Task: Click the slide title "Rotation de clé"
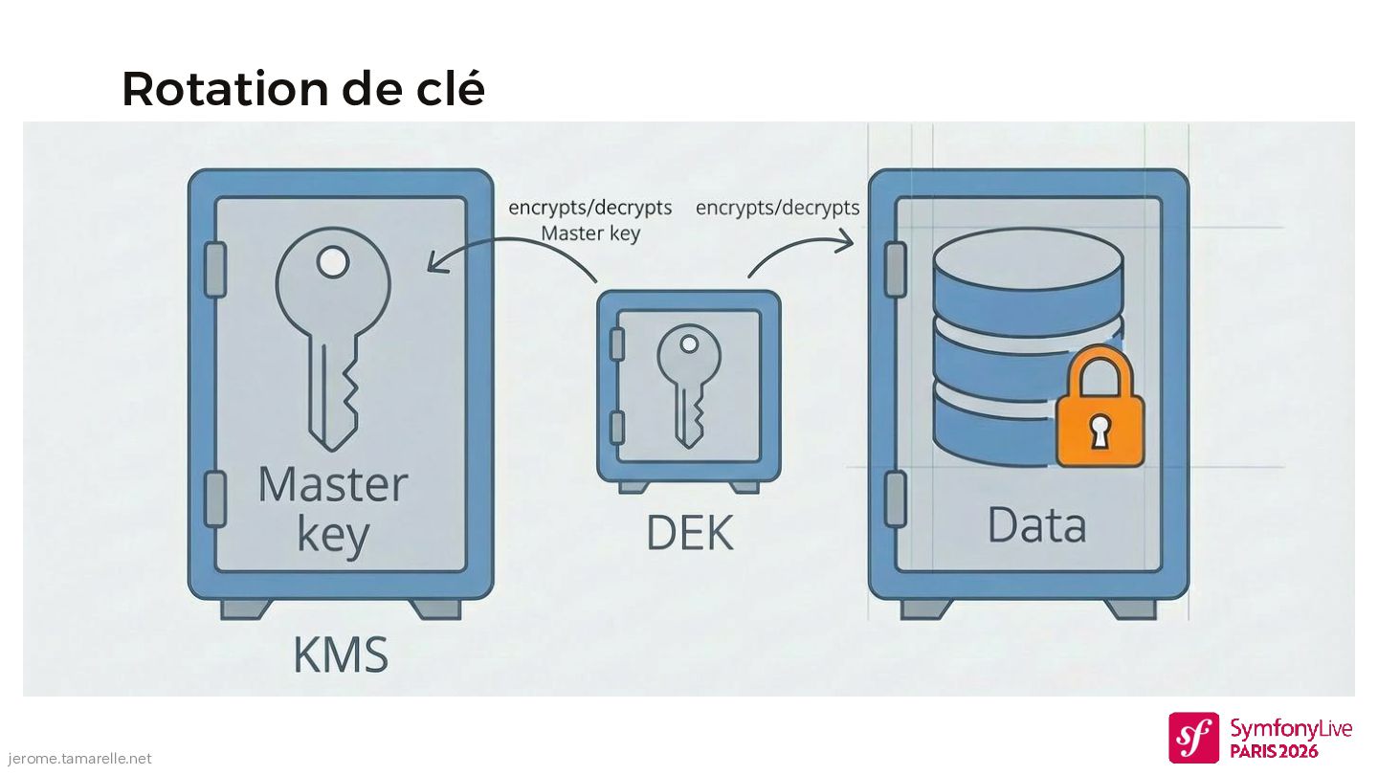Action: tap(302, 89)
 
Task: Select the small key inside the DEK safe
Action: tap(688, 383)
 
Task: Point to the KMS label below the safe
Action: tap(341, 655)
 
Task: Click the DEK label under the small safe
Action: tap(689, 533)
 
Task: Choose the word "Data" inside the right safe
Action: tap(1036, 525)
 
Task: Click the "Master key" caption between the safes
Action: tap(590, 232)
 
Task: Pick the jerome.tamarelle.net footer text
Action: tap(76, 759)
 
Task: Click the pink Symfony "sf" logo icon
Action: tap(1193, 738)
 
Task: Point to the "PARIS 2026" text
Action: tap(1274, 751)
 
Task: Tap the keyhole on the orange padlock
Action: tap(1100, 431)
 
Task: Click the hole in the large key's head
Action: tap(333, 261)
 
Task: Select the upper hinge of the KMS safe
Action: tap(215, 269)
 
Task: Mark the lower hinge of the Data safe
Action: tap(895, 498)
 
